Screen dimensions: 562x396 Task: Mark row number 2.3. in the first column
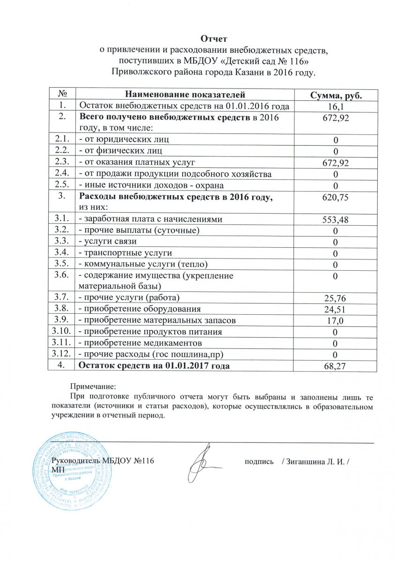[62, 162]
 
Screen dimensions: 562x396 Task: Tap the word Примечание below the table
[92, 386]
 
